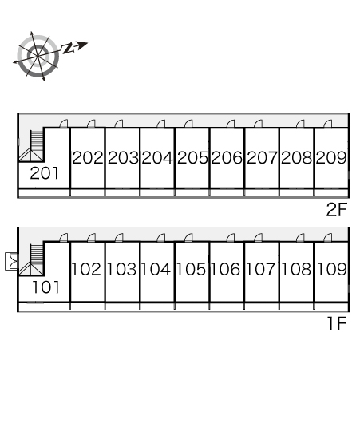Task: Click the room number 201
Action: coord(44,173)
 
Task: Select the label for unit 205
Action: coord(192,157)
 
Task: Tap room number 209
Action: coord(331,157)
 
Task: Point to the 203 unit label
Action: coord(123,157)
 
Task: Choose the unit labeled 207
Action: coord(262,157)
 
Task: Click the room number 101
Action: coord(45,287)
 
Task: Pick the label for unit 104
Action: coord(156,269)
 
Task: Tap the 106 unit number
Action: coord(225,269)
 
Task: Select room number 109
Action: coord(332,269)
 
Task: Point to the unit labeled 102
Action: coord(86,269)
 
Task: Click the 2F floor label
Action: coord(336,210)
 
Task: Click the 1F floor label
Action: coord(337,323)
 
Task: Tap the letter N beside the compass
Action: coord(68,48)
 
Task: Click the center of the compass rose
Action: coord(38,56)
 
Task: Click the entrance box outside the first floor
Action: coord(11,261)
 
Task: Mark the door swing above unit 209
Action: coord(328,124)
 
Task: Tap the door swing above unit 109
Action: coord(328,238)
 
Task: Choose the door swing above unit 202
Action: coord(91,124)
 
